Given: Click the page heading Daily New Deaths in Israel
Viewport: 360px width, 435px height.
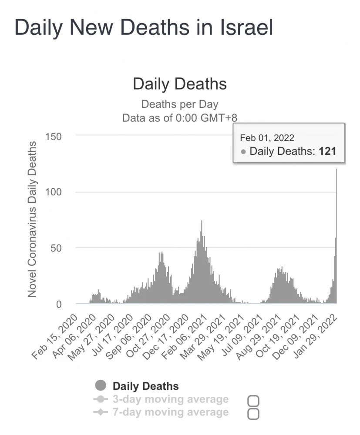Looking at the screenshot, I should pos(144,28).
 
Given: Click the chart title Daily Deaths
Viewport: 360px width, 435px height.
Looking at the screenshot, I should pos(180,84).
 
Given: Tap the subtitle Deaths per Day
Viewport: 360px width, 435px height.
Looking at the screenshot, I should pos(180,104).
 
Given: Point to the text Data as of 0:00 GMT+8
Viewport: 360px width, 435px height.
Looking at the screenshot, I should pos(180,118).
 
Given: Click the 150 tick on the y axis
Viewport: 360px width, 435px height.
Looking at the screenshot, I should pos(53,136).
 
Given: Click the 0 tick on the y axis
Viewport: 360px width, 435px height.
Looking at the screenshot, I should pos(59,304).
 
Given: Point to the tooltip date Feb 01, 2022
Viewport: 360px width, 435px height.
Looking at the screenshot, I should pos(267,138).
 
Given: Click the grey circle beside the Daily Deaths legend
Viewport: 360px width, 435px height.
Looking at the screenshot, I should pos(100,385).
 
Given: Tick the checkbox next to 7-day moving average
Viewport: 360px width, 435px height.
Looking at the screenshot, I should pos(253,414).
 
